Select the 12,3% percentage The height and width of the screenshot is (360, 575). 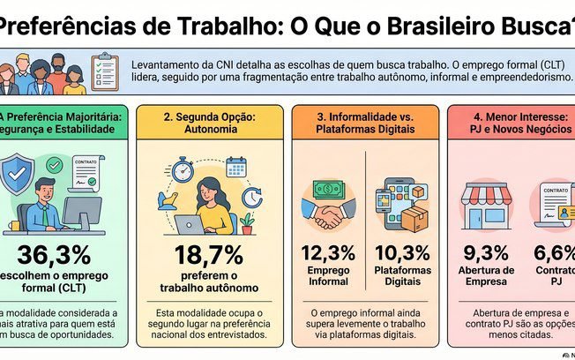(x=328, y=254)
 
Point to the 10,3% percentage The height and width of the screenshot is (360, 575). (x=402, y=254)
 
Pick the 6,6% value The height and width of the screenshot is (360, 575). (x=554, y=254)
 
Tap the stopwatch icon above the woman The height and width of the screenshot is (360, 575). (x=183, y=169)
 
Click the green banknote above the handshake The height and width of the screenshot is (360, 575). (x=328, y=189)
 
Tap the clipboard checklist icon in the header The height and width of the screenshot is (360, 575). (x=104, y=72)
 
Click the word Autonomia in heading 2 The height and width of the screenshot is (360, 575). (x=212, y=129)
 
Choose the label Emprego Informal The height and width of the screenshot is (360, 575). (x=328, y=275)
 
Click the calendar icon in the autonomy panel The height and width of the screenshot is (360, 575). (x=235, y=167)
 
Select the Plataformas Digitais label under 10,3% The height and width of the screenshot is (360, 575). (x=402, y=275)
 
